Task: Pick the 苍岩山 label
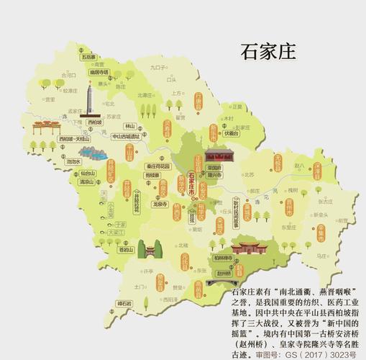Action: (x=126, y=251)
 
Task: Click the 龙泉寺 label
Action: (x=160, y=204)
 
